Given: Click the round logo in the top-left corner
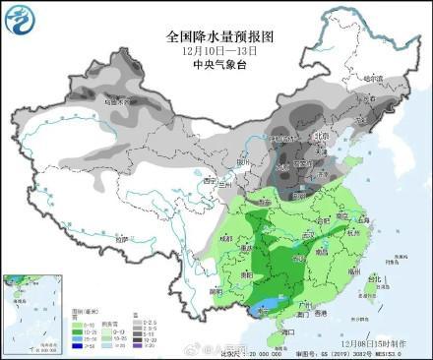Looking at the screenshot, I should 22,22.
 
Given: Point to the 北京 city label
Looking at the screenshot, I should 319,136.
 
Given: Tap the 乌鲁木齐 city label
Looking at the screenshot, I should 116,100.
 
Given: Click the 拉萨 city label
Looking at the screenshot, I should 121,238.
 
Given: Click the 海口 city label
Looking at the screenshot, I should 287,332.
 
